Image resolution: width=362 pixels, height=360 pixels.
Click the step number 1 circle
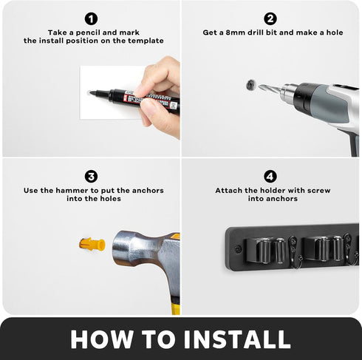[92, 18]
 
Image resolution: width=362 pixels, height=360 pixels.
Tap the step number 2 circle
[270, 18]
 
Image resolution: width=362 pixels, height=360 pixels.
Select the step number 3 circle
[92, 177]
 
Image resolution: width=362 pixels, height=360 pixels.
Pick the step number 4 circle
[270, 177]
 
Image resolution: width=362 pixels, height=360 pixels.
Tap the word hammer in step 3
[72, 191]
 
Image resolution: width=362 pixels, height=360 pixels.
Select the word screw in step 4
[319, 191]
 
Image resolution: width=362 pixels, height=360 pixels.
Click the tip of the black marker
[90, 93]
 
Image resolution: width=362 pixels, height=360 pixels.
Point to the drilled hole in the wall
[250, 85]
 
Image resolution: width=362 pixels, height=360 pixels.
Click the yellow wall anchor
[92, 244]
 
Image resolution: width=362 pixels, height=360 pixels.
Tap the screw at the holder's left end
[238, 249]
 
